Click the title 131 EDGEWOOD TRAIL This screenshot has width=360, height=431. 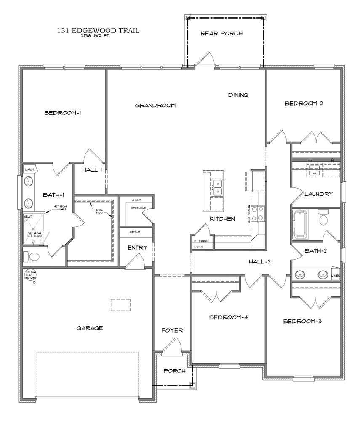98,30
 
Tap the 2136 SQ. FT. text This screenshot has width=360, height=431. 98,36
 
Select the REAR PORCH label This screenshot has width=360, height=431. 221,33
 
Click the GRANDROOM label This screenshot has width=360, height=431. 155,106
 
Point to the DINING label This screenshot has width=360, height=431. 238,95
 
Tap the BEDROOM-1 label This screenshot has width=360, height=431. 62,113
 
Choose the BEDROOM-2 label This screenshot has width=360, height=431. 304,103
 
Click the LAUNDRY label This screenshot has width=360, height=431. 319,194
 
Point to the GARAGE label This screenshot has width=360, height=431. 90,328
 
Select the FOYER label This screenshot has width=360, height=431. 172,330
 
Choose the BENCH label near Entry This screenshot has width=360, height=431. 135,232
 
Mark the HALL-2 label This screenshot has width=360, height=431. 259,262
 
